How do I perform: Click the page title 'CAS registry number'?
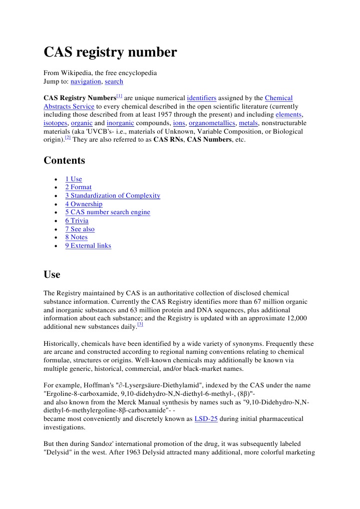[x=110, y=52]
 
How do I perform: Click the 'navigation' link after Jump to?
[x=86, y=82]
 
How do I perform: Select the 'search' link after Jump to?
[x=114, y=82]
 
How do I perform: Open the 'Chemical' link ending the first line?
[x=278, y=98]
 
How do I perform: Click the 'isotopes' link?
[x=55, y=123]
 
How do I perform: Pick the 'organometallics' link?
[x=211, y=123]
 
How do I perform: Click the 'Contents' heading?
[x=64, y=161]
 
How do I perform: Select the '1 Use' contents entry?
[x=73, y=179]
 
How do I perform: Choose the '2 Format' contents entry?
[x=78, y=188]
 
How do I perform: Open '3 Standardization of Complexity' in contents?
[x=112, y=196]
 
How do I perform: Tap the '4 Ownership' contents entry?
[x=84, y=204]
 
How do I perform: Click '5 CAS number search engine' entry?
[x=107, y=212]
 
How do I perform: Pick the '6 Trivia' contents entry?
[x=77, y=221]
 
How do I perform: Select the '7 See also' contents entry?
[x=80, y=229]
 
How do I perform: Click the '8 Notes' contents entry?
[x=76, y=237]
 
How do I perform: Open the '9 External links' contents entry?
[x=88, y=246]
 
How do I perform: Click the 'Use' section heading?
[x=52, y=275]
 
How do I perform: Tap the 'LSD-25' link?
[x=205, y=419]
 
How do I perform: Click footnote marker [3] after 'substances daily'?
[x=140, y=324]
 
